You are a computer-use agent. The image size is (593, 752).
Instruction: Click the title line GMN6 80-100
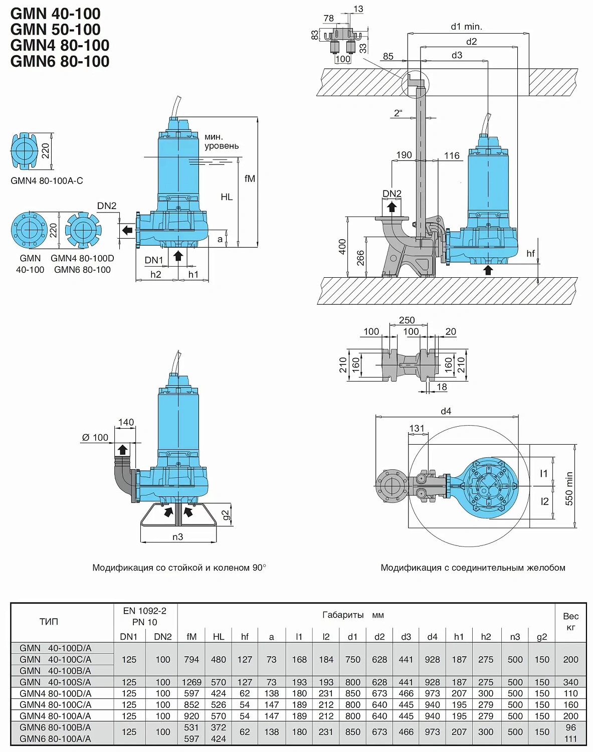coord(60,61)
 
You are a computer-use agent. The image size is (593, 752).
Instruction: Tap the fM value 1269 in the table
coord(191,682)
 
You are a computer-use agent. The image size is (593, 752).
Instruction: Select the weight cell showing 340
coord(570,682)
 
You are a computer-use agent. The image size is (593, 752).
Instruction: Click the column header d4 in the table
coord(432,637)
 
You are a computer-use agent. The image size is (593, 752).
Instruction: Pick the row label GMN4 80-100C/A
coord(55,705)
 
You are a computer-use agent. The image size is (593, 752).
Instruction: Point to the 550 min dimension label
coord(569,488)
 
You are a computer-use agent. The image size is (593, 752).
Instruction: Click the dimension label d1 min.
coord(466,27)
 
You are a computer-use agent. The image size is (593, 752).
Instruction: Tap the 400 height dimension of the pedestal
coord(342,247)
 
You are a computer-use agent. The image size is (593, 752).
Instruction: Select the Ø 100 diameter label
coord(95,438)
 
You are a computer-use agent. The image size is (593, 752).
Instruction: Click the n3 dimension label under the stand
coord(178,537)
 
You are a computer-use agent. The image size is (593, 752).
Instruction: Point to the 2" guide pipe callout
coord(398,113)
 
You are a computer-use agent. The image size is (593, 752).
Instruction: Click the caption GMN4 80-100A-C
coord(47,181)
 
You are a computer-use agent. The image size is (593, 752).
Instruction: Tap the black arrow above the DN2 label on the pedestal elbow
coord(392,207)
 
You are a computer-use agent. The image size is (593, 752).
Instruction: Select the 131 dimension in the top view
coord(417,429)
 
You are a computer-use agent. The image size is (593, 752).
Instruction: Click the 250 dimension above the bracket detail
coord(407,320)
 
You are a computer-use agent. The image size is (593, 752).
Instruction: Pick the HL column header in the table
coord(219,637)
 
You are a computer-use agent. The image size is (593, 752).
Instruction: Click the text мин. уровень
coord(222,141)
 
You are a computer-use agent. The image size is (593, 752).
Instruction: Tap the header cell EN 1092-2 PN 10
coord(145,616)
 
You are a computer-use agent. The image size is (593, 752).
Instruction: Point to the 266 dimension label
coord(360,258)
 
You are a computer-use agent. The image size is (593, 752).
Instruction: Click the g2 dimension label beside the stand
coord(226,515)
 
